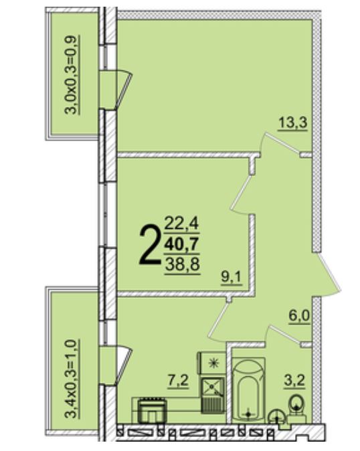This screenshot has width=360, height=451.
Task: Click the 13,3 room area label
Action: coord(292,123)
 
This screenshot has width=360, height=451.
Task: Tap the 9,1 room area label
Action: coord(232,278)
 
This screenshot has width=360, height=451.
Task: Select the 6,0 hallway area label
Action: coord(299,316)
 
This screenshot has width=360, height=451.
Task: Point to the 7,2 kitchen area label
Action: coord(178,381)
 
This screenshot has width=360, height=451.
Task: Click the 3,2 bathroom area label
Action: coord(294,381)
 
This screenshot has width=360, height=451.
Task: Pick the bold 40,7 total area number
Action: coord(182,245)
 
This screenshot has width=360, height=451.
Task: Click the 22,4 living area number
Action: coord(182,224)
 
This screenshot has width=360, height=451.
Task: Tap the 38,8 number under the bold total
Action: coord(182,264)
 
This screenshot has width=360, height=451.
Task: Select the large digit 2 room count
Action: coord(149,244)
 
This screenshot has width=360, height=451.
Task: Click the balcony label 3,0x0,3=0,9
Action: coord(71,75)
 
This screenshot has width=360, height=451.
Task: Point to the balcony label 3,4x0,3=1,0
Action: coord(71,379)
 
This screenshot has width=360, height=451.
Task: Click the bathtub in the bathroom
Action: coord(248,389)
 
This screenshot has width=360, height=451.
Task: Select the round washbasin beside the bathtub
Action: coord(276,416)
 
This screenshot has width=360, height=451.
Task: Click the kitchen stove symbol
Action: coord(152,410)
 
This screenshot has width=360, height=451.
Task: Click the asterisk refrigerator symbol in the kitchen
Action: coord(212,363)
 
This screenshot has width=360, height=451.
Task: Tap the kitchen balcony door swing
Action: coord(124,366)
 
